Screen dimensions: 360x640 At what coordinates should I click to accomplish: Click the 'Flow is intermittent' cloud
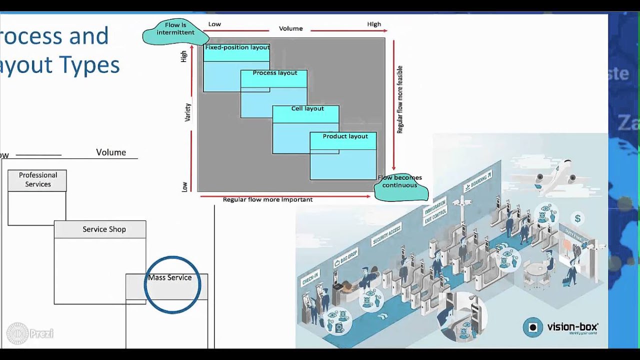175,32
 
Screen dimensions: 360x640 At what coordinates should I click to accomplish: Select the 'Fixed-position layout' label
237,47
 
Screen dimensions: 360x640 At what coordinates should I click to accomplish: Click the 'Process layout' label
274,73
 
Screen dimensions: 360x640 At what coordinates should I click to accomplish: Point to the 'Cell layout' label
307,108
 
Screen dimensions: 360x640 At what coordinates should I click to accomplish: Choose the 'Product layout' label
345,136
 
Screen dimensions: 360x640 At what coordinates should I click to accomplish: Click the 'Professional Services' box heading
38,179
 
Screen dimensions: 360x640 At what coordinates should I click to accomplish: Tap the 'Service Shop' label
104,229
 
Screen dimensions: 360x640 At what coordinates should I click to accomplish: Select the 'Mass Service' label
169,277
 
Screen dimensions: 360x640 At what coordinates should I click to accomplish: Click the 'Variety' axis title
188,112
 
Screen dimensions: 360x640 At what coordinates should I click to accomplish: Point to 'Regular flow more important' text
267,199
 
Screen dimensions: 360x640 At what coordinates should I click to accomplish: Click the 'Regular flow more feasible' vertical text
400,100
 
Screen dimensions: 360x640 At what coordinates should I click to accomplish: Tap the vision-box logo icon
533,327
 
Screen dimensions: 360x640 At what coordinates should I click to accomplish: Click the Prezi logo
30,333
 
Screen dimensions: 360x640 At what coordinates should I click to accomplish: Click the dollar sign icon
577,218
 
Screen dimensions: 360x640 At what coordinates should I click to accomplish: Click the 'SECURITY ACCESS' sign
386,235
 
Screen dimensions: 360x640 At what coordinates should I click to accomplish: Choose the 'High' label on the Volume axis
374,24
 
